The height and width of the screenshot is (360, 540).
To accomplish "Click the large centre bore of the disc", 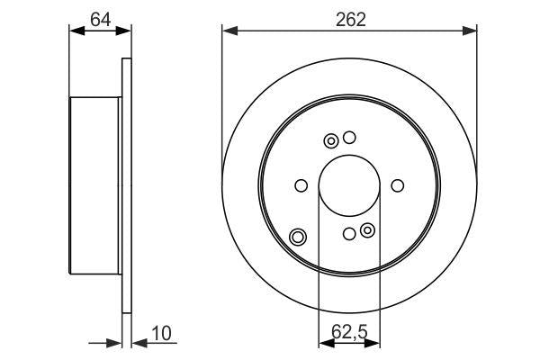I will click(x=349, y=185).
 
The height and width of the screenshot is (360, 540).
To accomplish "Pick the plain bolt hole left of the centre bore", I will click(x=301, y=185).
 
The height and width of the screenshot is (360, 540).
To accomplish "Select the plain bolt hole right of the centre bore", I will click(x=398, y=185).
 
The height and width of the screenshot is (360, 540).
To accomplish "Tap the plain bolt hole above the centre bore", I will click(x=350, y=138).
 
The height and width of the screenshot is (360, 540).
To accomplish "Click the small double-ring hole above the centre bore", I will click(x=331, y=140).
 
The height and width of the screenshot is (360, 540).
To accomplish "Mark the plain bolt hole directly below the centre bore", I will click(x=349, y=234).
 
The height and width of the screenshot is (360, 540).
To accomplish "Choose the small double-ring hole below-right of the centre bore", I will click(x=367, y=231).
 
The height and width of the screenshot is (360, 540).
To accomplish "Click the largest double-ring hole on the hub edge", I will click(x=298, y=238).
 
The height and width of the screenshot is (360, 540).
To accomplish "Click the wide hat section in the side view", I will click(x=94, y=185).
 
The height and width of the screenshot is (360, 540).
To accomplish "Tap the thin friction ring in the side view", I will click(x=126, y=185).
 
